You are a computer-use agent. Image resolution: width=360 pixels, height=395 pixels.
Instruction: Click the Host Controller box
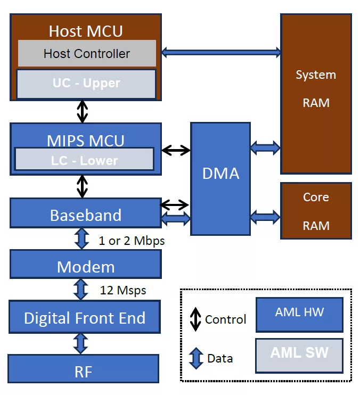coord(87,53)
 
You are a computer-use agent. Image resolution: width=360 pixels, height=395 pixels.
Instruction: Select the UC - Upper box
coord(86,84)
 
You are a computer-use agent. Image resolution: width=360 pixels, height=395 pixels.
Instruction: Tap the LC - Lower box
coord(84,160)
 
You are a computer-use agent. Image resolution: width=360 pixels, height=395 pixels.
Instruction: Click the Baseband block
coord(85,215)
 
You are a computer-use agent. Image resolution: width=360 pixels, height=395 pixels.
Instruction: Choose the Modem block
coord(85,266)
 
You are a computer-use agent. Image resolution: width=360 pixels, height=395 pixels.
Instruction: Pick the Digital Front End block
coord(85,318)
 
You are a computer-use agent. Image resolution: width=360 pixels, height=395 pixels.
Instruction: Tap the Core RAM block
coord(316,211)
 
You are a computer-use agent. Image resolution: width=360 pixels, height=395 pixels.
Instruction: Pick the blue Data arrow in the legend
coord(196,358)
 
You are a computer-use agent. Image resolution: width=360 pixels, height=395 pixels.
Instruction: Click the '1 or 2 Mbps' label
coord(132,241)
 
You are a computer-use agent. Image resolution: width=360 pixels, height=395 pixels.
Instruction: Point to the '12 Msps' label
coord(122,290)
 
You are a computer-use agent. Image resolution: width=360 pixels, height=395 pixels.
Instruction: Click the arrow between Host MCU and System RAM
coord(221,52)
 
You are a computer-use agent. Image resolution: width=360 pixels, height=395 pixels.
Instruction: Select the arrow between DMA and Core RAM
coord(265,217)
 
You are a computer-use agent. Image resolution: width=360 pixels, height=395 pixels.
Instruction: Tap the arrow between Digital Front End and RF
coord(81,343)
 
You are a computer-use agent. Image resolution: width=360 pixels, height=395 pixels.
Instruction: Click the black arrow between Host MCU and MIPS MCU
coord(82,111)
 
